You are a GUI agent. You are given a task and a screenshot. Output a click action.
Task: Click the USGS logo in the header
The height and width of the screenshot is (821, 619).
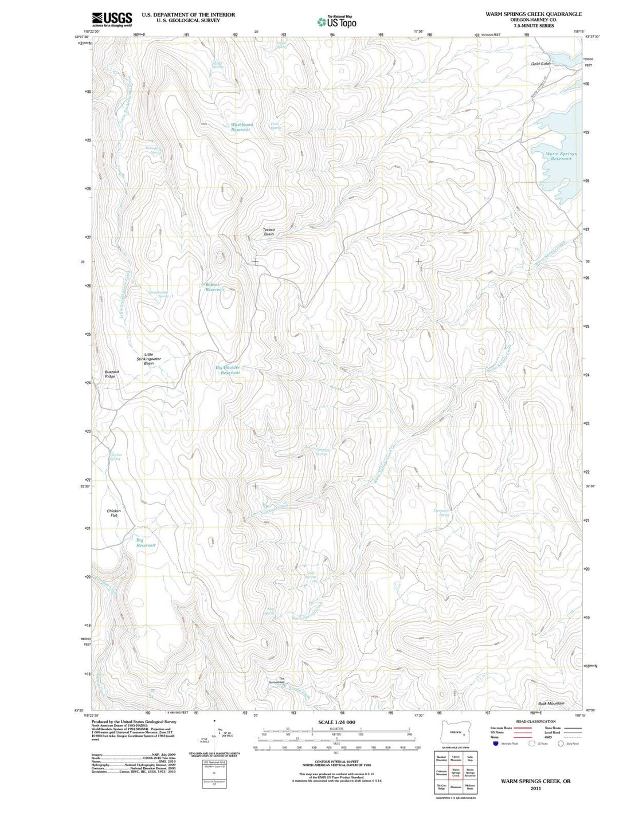tap(112, 19)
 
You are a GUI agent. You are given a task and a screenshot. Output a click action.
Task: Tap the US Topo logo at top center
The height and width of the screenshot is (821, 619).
tap(337, 22)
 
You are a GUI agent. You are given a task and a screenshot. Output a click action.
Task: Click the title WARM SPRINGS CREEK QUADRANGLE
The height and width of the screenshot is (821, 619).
tap(533, 14)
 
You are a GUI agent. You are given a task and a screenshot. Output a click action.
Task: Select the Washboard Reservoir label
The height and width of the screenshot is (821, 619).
tap(241, 127)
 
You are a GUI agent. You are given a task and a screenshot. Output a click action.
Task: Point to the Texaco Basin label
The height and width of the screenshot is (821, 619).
tap(269, 232)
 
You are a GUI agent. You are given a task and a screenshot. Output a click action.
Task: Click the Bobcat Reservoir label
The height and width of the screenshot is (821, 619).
tap(215, 287)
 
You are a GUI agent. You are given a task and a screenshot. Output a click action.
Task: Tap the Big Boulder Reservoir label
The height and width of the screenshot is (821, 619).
tap(228, 370)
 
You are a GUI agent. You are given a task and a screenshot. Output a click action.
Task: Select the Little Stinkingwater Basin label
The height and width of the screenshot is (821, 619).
tap(148, 359)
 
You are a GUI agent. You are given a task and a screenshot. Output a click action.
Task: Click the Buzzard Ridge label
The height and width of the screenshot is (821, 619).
tap(111, 374)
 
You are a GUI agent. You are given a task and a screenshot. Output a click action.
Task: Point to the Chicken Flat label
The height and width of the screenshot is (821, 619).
tap(113, 513)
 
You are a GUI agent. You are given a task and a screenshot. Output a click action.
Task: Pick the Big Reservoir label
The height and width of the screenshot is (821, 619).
tap(145, 543)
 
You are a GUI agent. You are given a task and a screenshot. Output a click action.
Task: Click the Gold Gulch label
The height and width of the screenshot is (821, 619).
tap(540, 64)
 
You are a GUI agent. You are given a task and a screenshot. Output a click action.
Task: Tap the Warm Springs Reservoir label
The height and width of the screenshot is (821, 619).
tap(561, 156)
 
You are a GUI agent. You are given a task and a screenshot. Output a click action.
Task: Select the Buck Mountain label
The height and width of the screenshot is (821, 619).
tap(551, 703)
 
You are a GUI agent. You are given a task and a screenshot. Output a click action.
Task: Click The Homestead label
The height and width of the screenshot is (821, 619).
tap(277, 681)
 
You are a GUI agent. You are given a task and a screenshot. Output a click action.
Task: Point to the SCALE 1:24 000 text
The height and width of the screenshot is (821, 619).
tap(336, 722)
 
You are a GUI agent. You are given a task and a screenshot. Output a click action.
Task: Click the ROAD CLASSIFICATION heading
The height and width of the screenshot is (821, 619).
tap(535, 721)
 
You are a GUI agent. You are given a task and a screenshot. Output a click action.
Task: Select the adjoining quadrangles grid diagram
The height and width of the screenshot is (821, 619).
tap(456, 772)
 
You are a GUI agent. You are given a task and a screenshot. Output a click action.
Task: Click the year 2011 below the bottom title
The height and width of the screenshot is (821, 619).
tap(535, 788)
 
